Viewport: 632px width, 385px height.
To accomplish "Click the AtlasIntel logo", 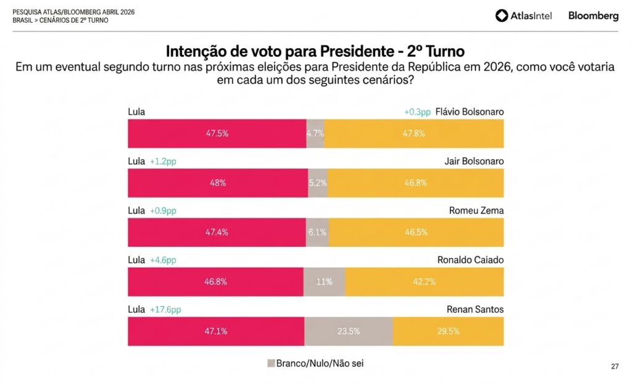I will click(x=523, y=16).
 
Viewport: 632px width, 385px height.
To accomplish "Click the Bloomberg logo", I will click(x=593, y=16).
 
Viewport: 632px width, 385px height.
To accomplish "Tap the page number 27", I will click(x=615, y=366).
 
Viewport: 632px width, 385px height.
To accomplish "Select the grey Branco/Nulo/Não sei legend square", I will click(x=270, y=363).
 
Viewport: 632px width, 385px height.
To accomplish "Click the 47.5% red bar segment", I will click(x=217, y=133).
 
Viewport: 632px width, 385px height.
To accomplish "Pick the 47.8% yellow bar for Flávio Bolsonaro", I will click(x=414, y=133).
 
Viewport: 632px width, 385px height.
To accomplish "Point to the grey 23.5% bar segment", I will click(x=349, y=331).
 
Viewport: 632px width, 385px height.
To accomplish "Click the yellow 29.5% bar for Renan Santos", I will click(x=448, y=331).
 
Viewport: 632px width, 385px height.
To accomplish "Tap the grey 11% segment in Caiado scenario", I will click(x=324, y=282).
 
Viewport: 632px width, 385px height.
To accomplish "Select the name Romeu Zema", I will click(x=476, y=210).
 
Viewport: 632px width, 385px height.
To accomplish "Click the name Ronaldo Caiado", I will click(x=470, y=260).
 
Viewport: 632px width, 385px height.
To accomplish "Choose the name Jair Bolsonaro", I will click(x=474, y=161).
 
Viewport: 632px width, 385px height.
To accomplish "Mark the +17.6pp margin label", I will click(x=165, y=310).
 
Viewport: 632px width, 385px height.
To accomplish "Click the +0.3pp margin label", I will click(x=417, y=112).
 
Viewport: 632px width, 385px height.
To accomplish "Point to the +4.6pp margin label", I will click(x=163, y=260).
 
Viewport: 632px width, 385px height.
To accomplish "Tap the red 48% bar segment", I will click(x=217, y=183).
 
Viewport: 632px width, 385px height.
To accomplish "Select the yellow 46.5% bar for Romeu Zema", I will click(x=416, y=233).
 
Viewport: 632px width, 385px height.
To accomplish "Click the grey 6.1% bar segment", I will click(x=317, y=233).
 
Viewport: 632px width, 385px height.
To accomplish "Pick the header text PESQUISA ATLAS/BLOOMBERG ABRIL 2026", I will click(x=73, y=12).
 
